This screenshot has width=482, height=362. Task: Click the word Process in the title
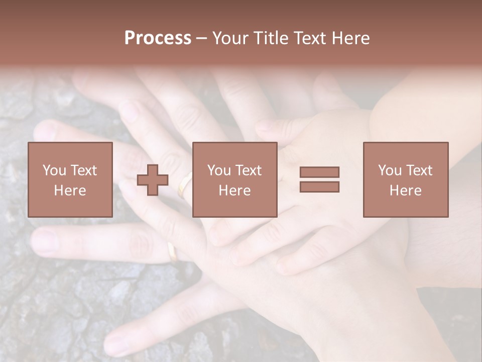(158, 38)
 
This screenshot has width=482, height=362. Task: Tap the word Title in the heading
(272, 38)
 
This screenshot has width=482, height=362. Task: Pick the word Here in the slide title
(350, 38)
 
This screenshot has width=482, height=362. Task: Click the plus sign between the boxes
(153, 180)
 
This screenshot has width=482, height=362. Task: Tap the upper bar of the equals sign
(319, 172)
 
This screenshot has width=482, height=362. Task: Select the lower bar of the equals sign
(319, 187)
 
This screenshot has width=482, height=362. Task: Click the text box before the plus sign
(70, 179)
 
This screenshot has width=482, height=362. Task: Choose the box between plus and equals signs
(235, 179)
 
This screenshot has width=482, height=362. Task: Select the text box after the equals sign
(406, 179)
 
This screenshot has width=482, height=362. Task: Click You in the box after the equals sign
(390, 170)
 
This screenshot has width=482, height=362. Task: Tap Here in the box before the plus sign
(70, 191)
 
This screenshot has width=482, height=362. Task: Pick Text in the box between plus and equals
(249, 170)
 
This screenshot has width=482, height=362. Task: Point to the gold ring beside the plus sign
(184, 185)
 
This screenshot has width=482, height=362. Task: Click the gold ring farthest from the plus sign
(172, 252)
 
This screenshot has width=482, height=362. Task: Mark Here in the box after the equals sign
(406, 191)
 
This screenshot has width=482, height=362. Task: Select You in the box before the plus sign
(54, 170)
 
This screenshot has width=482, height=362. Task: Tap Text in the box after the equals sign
(419, 170)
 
